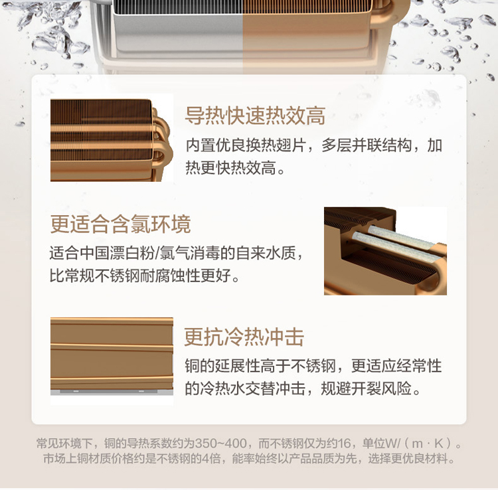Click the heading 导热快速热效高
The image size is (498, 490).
(x=255, y=116)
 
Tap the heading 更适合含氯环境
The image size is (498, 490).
(x=120, y=224)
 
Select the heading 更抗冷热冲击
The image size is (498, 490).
(x=244, y=337)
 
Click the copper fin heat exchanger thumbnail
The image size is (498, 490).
(x=112, y=140)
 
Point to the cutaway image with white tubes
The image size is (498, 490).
(x=385, y=251)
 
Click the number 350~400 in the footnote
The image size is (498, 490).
(x=220, y=444)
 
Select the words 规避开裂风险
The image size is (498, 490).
(x=367, y=388)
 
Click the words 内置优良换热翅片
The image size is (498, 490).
(x=246, y=146)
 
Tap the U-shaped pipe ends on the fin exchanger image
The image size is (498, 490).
(x=163, y=143)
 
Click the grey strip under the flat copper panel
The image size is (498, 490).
(x=112, y=392)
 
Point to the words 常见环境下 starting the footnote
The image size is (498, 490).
(x=65, y=444)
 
